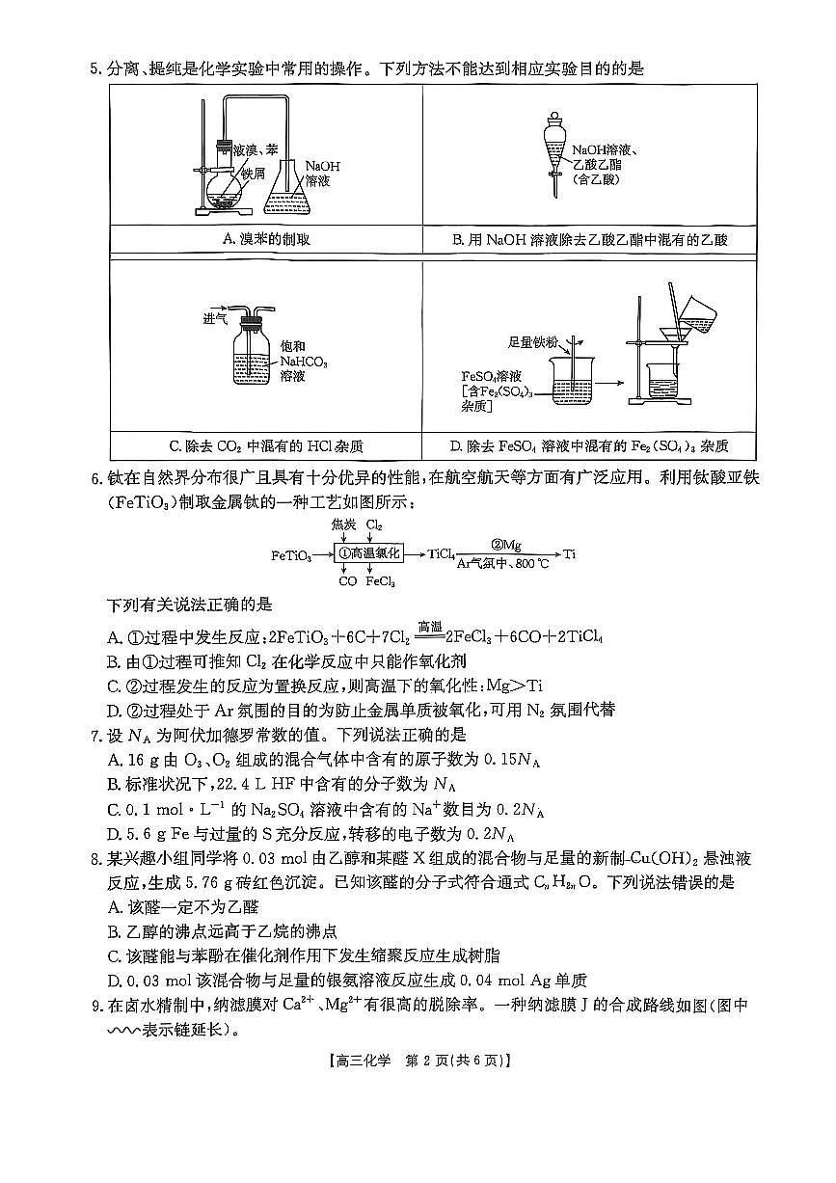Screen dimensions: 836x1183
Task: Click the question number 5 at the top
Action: [94, 68]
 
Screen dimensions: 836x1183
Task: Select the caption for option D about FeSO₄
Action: [589, 446]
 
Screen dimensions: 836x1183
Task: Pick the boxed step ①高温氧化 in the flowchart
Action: [368, 553]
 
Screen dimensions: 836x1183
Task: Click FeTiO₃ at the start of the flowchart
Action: [291, 555]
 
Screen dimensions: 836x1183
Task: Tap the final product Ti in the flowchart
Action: [569, 553]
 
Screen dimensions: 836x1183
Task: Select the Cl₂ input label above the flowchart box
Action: [374, 526]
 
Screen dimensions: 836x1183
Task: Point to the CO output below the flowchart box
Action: [348, 581]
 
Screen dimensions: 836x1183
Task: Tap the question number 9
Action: [94, 1006]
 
